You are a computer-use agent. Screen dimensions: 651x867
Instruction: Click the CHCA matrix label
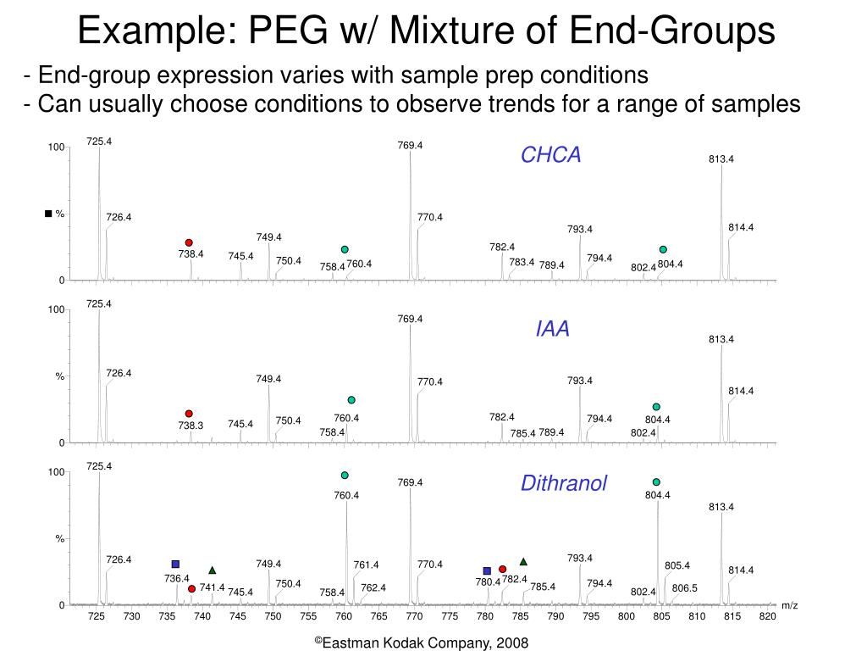pyautogui.click(x=550, y=155)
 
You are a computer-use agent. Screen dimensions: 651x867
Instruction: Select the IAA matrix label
pyautogui.click(x=552, y=329)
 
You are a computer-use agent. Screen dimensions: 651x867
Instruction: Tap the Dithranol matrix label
pyautogui.click(x=564, y=484)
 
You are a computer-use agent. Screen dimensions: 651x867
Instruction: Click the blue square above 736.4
pyautogui.click(x=175, y=564)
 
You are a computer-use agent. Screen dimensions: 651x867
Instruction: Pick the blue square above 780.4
pyautogui.click(x=487, y=570)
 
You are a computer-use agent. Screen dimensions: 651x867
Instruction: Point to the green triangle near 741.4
pyautogui.click(x=213, y=570)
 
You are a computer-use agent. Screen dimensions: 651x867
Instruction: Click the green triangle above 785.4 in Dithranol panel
pyautogui.click(x=523, y=561)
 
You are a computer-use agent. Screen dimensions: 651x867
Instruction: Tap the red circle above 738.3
pyautogui.click(x=189, y=414)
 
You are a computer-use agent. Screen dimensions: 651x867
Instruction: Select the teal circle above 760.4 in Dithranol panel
pyautogui.click(x=345, y=475)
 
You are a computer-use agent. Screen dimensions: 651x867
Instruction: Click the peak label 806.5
pyautogui.click(x=684, y=588)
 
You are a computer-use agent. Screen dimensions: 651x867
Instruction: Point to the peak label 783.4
pyautogui.click(x=522, y=262)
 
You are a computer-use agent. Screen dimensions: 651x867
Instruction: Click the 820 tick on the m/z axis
pyautogui.click(x=767, y=616)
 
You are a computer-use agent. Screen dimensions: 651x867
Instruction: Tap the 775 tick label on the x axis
pyautogui.click(x=450, y=616)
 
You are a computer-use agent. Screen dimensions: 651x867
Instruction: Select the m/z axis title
pyautogui.click(x=790, y=605)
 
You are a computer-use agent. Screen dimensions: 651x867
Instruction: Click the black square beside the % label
pyautogui.click(x=48, y=213)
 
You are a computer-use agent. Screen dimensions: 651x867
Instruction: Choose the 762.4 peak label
pyautogui.click(x=373, y=587)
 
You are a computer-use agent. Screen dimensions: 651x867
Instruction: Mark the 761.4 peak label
pyautogui.click(x=366, y=565)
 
